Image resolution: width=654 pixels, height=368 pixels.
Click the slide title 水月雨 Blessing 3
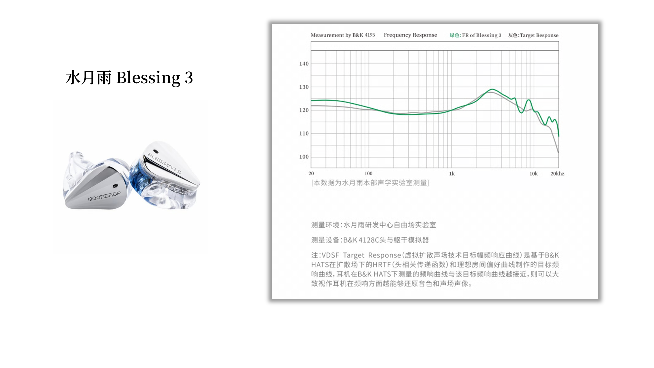[129, 77]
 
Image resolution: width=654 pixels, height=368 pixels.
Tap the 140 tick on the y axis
[304, 64]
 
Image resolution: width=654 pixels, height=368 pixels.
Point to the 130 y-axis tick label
[304, 87]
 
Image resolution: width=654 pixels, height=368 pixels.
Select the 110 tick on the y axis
[304, 133]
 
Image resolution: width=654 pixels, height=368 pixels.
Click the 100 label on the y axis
[304, 157]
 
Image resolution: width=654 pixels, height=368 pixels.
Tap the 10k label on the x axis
[533, 174]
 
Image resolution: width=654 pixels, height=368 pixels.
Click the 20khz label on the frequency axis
[557, 174]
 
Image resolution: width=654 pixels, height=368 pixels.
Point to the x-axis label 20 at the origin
[311, 174]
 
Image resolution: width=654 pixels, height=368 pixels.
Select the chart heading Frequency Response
[410, 35]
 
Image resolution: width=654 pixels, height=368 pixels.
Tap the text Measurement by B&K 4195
[343, 35]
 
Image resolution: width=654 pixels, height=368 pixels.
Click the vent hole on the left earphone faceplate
[115, 186]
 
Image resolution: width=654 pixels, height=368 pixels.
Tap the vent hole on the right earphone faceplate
[156, 152]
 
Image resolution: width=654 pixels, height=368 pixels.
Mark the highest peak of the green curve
[492, 89]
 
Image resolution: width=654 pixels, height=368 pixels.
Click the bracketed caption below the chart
[370, 183]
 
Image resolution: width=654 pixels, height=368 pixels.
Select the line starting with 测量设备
[370, 240]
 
